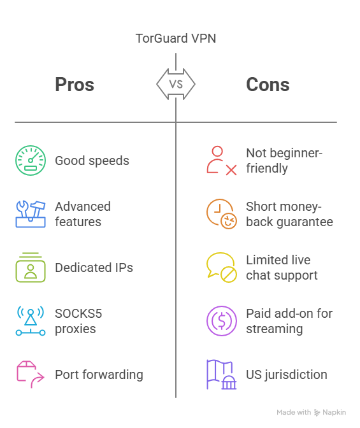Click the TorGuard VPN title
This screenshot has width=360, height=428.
(x=176, y=38)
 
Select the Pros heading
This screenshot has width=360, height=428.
(x=75, y=84)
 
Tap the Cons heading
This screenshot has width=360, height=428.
(x=268, y=85)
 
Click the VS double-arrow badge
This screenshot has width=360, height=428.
(x=176, y=84)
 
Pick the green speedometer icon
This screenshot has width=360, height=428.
(x=31, y=160)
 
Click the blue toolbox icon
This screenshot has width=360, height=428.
(x=31, y=214)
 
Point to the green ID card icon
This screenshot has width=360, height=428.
(x=31, y=267)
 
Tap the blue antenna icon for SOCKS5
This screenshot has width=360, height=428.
(x=31, y=321)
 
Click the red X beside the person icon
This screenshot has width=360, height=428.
(x=231, y=170)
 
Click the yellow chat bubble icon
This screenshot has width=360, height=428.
(x=221, y=267)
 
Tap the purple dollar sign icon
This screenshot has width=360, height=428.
(x=222, y=321)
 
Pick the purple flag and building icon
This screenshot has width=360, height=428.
(x=221, y=374)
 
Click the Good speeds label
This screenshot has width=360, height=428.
(x=92, y=160)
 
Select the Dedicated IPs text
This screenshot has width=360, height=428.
(x=94, y=267)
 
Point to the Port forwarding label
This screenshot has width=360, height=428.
(x=99, y=375)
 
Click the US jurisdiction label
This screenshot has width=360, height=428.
(x=287, y=375)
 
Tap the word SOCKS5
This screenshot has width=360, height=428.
(x=78, y=313)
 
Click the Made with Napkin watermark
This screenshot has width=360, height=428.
(x=311, y=412)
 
